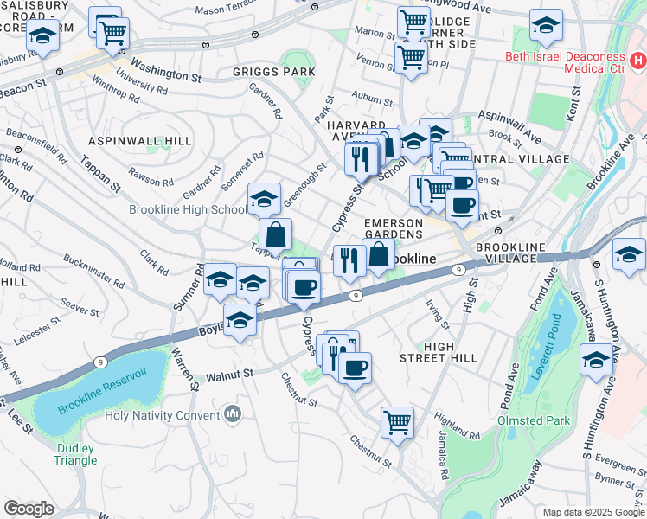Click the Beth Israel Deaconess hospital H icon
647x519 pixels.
[637, 61]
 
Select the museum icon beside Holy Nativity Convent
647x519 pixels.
[231, 414]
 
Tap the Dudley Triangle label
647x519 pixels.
[77, 454]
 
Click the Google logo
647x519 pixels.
[29, 509]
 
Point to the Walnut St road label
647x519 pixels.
[228, 375]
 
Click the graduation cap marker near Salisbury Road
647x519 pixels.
[42, 36]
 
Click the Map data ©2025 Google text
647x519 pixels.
[593, 512]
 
